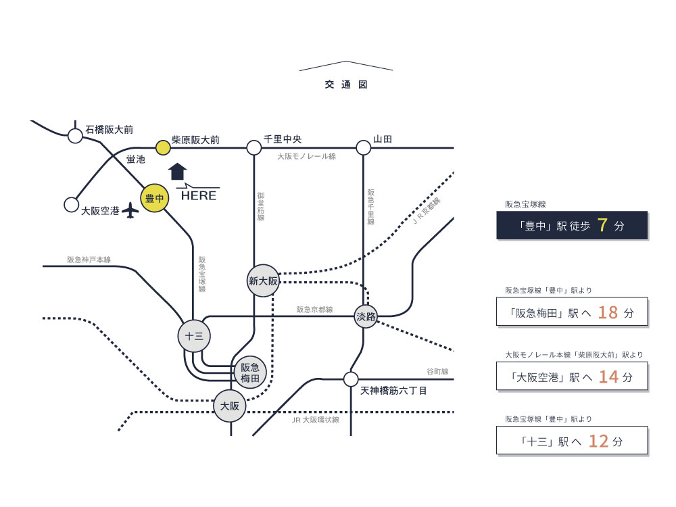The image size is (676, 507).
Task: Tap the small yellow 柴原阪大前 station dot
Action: tap(162, 147)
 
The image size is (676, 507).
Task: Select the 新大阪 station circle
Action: tap(263, 281)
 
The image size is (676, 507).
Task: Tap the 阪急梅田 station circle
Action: tap(250, 372)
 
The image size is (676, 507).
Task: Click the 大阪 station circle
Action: tap(230, 406)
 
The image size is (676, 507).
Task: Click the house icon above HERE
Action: tap(177, 171)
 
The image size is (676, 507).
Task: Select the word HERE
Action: tap(199, 196)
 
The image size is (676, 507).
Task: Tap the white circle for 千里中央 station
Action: tap(254, 147)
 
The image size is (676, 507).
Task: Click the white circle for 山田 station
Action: tap(364, 147)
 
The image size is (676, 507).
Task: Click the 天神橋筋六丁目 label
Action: tap(393, 391)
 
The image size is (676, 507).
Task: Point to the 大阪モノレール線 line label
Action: tap(306, 156)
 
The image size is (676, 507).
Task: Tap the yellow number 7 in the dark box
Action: tap(603, 225)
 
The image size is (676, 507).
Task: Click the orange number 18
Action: tap(608, 312)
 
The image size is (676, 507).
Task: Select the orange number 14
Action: tap(608, 377)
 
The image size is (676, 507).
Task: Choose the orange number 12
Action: tap(599, 441)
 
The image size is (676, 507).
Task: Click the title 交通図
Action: tap(345, 85)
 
